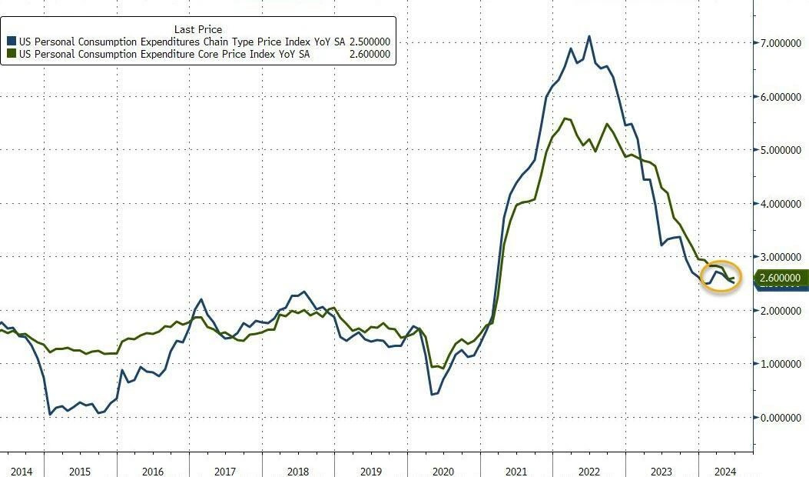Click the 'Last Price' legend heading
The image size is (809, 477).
[198, 29]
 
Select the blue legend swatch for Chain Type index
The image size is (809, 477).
[11, 42]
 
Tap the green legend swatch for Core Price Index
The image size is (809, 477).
[11, 54]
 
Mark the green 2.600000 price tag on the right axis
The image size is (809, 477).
[780, 278]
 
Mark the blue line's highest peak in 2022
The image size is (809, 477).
[589, 36]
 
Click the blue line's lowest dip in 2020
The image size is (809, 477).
[433, 395]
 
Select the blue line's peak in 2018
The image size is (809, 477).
[303, 292]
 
